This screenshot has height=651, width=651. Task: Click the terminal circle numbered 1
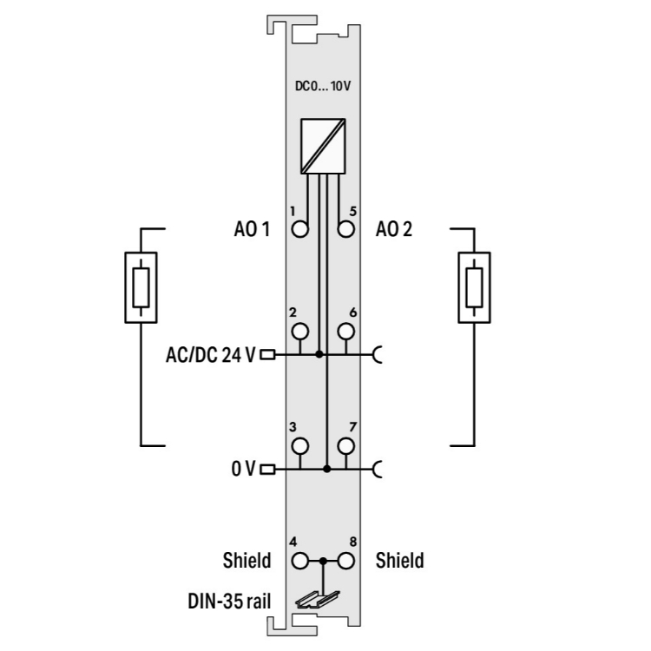(300, 229)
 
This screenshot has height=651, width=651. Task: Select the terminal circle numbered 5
(345, 229)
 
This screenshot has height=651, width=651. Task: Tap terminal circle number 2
(300, 332)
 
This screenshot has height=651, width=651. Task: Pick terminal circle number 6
(345, 332)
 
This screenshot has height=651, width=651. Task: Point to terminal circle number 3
(300, 446)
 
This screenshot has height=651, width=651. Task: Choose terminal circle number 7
(345, 446)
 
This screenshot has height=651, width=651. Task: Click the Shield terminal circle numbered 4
(300, 562)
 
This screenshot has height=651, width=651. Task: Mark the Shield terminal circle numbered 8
(345, 562)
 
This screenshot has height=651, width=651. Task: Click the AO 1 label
(252, 229)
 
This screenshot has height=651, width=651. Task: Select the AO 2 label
(394, 229)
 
